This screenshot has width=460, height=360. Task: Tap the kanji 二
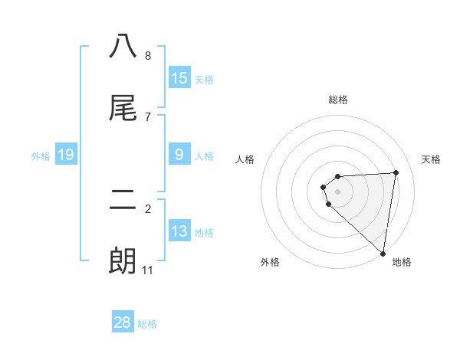[x=123, y=200]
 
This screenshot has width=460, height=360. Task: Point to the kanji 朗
[x=123, y=261]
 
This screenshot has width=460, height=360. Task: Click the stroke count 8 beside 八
[x=148, y=56]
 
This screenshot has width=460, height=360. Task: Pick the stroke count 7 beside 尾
[x=148, y=117]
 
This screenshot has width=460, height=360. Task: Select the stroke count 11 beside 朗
[x=148, y=270]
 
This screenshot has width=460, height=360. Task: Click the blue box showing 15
[x=179, y=77]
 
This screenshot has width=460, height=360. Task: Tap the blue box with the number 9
[x=179, y=155]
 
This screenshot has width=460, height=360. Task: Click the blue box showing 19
[x=66, y=155]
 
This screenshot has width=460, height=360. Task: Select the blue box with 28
[x=123, y=322]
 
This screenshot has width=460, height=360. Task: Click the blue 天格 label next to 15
[x=204, y=79]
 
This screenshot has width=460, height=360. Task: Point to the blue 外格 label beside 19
[x=41, y=156]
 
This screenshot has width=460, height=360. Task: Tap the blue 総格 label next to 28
[x=147, y=324]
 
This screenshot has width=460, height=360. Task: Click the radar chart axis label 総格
[x=338, y=100]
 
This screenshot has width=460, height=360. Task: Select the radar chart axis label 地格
[x=402, y=263]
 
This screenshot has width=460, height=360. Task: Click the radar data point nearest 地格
[x=383, y=254]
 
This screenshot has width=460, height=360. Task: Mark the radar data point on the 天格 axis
[x=396, y=172]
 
